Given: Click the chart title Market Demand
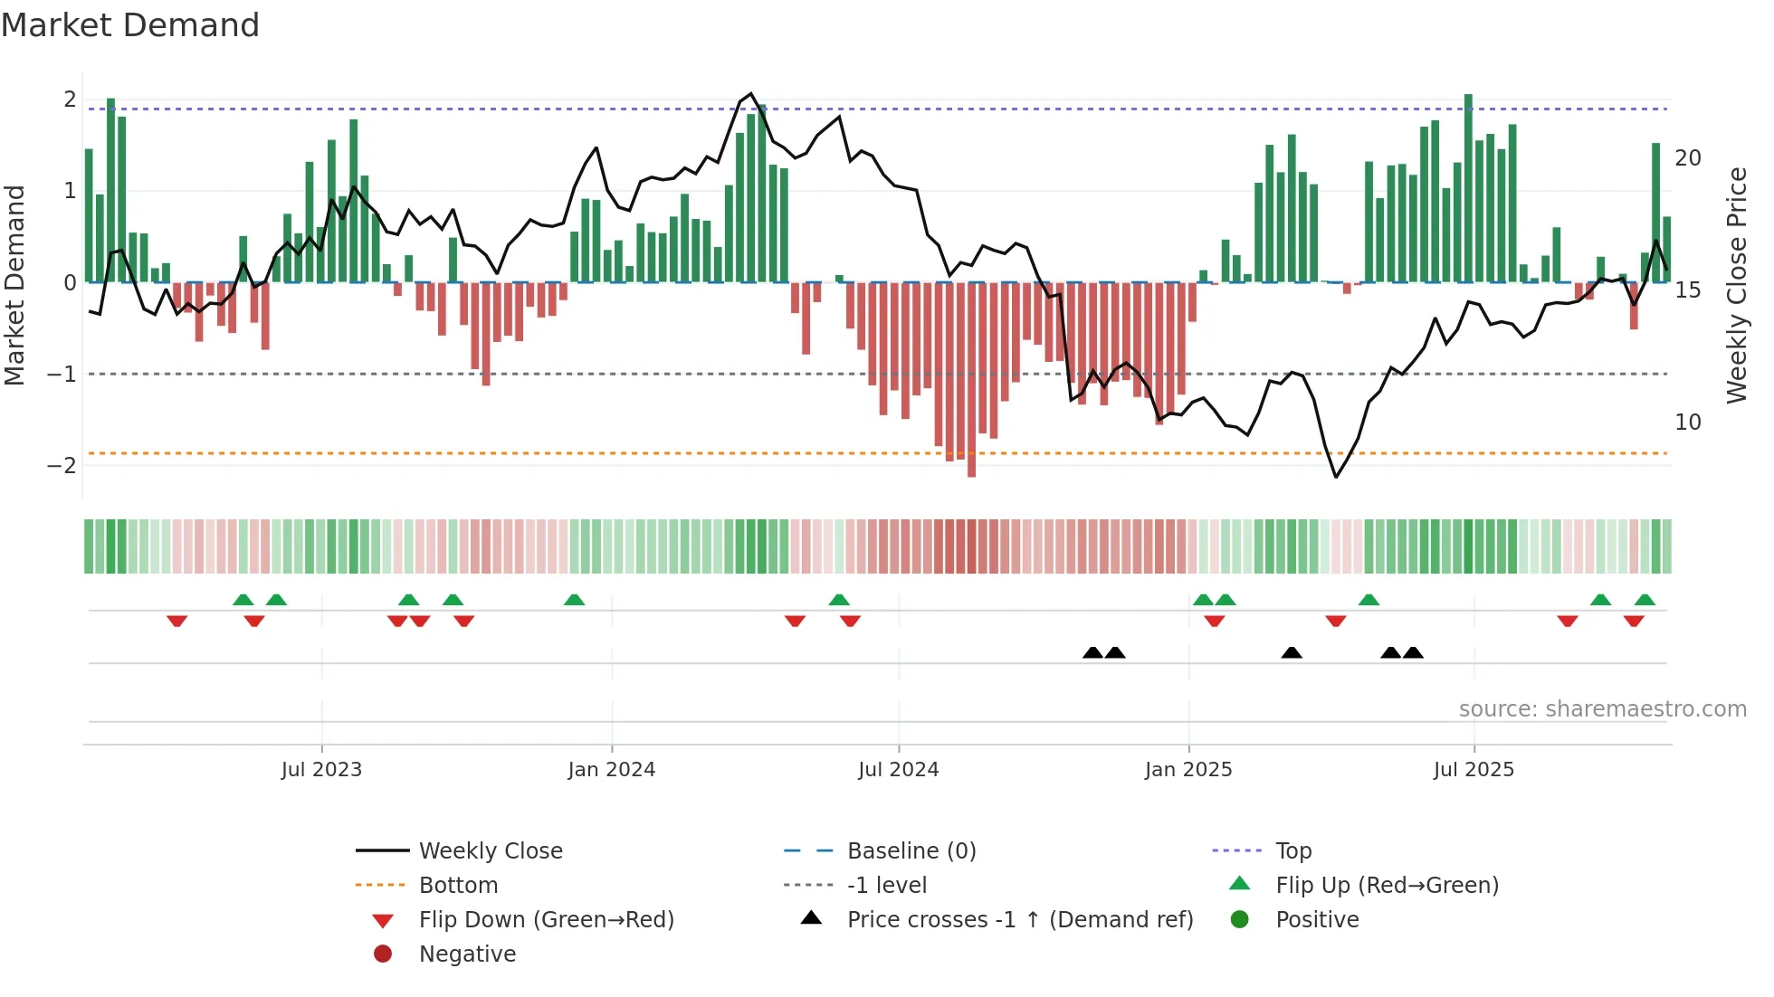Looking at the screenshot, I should (x=130, y=25).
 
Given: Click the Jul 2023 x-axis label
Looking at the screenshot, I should (x=321, y=770).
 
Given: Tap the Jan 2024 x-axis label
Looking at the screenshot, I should (x=611, y=770).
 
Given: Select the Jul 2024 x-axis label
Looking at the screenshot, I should (x=898, y=770).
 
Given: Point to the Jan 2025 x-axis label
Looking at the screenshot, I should (x=1187, y=770).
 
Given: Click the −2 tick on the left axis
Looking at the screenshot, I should (x=62, y=466).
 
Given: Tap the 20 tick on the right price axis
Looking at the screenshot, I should (x=1687, y=158).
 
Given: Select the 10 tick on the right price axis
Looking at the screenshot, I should (x=1687, y=423).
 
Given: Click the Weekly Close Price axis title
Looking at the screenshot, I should (x=1736, y=285).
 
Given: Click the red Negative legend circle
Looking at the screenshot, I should (x=383, y=954).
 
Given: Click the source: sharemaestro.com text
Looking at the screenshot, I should (x=1602, y=709).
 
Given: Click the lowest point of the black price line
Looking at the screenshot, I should (x=1336, y=477).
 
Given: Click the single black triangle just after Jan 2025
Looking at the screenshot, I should (x=1292, y=653).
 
